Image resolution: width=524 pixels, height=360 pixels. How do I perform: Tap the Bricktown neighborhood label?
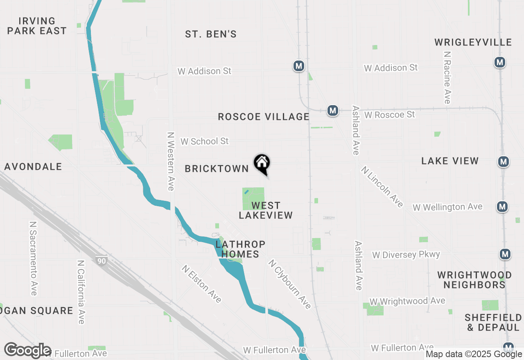point(217,169)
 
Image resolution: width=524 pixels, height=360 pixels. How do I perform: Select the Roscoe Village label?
point(264,117)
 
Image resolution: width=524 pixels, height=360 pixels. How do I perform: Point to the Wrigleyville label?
point(473,42)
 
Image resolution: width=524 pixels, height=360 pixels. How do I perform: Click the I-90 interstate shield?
point(101,261)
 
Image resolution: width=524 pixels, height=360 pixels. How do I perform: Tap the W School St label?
point(204,141)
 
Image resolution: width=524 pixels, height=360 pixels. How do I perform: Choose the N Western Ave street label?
point(171,161)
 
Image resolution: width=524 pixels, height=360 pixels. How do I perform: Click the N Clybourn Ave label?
point(289,284)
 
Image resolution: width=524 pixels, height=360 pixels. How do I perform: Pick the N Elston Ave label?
point(202,283)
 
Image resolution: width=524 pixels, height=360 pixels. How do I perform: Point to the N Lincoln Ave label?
point(382,187)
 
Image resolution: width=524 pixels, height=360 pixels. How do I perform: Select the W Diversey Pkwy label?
point(406,255)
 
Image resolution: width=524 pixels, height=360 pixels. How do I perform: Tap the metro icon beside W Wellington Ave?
point(502,207)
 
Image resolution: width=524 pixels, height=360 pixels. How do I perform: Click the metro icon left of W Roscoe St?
point(332,110)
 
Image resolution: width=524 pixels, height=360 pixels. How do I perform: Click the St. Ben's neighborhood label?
point(211,34)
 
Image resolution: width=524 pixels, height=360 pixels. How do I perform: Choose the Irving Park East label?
point(37,26)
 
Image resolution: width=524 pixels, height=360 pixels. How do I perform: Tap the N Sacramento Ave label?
point(34,259)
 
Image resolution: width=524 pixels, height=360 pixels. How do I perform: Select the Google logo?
point(27,350)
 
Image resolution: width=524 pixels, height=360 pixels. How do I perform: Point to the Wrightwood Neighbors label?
point(474,280)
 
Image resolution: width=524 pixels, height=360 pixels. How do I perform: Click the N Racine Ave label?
point(447,77)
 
